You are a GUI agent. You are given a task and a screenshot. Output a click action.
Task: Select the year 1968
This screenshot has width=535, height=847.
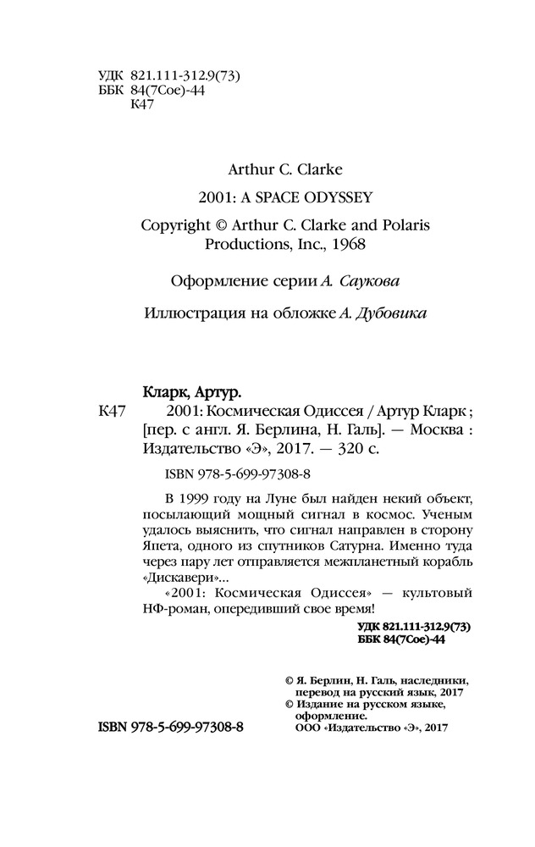tap(345, 243)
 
